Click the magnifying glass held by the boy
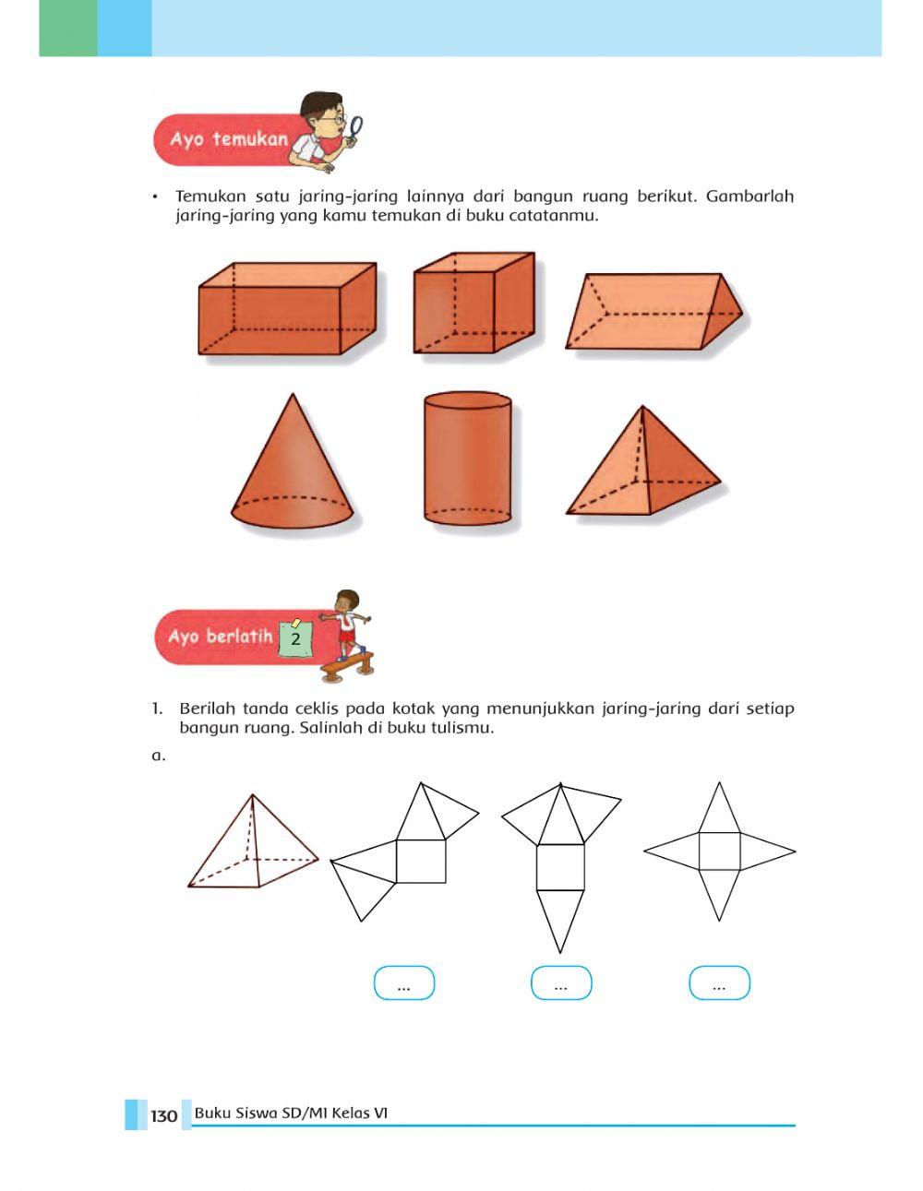(x=355, y=130)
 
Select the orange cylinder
(x=468, y=459)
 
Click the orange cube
(x=473, y=303)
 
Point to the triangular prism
(x=654, y=311)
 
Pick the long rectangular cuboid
(x=287, y=308)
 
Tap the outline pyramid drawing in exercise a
(x=252, y=842)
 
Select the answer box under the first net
(x=404, y=983)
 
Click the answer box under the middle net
(x=561, y=983)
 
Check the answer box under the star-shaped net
(x=719, y=983)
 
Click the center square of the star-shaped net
(x=719, y=852)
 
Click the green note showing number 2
(x=296, y=638)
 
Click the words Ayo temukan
(x=229, y=139)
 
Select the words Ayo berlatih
(x=221, y=637)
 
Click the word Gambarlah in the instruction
(x=749, y=197)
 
